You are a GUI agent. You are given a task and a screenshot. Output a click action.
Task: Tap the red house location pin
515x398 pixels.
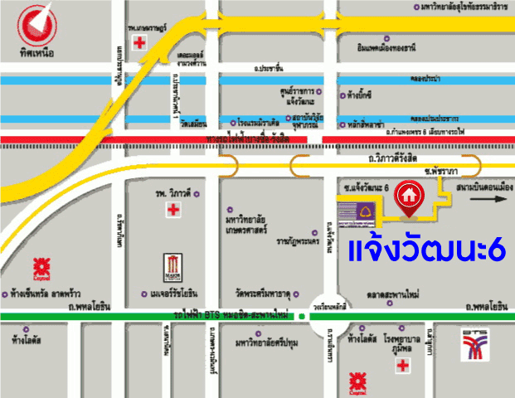pos(408,196)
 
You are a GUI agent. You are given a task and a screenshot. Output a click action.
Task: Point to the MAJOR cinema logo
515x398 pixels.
pos(172,267)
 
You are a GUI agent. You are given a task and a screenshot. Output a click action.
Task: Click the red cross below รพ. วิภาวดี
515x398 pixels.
pos(172,211)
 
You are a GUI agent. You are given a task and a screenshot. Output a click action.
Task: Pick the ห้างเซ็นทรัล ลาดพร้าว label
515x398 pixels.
pos(46,294)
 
